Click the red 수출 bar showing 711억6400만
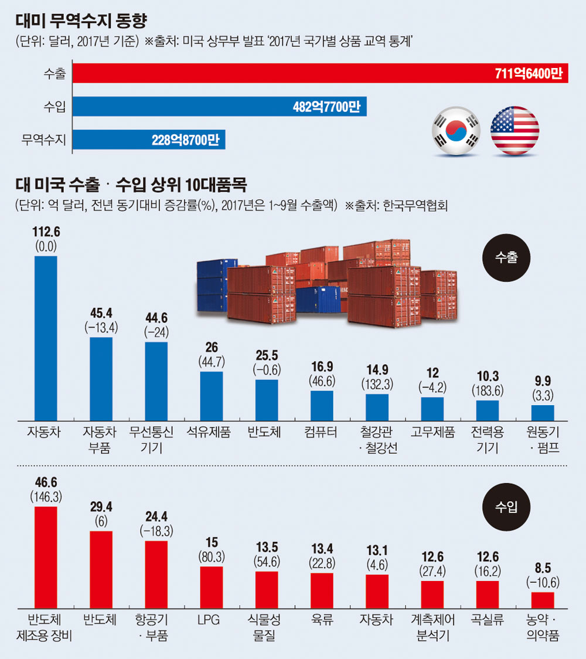point(319,73)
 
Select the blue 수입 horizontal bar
point(220,106)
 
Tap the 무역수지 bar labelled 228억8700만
point(149,140)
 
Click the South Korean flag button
point(455,130)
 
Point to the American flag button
point(515,130)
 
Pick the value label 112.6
point(46,232)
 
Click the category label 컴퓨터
point(322,433)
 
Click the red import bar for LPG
point(212,587)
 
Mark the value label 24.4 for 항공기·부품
point(156,518)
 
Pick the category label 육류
point(322,620)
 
